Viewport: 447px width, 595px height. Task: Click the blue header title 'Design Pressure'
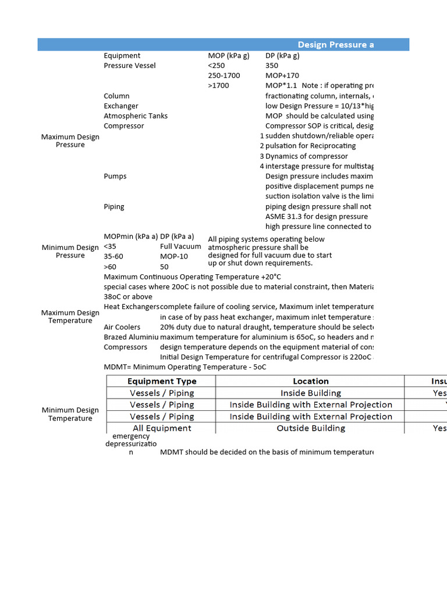pyautogui.click(x=336, y=45)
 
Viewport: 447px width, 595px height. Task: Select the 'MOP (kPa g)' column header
pyautogui.click(x=228, y=56)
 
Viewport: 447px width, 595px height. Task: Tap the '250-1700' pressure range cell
pyautogui.click(x=223, y=76)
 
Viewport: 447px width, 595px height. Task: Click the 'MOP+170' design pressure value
pyautogui.click(x=282, y=76)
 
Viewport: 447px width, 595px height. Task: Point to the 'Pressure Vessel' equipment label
pyautogui.click(x=130, y=66)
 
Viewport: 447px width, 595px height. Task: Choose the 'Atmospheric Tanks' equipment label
pyautogui.click(x=136, y=116)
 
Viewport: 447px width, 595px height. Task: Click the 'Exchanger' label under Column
pyautogui.click(x=121, y=106)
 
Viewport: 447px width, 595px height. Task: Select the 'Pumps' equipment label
pyautogui.click(x=115, y=176)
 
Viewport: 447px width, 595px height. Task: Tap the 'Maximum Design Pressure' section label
pyautogui.click(x=70, y=141)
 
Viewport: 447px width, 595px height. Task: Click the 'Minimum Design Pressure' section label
pyautogui.click(x=70, y=251)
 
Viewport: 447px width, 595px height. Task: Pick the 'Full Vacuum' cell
pyautogui.click(x=180, y=246)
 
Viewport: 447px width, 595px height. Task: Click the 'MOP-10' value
pyautogui.click(x=174, y=256)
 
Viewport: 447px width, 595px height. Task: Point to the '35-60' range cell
pyautogui.click(x=113, y=256)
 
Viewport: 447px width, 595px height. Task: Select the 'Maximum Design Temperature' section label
pyautogui.click(x=70, y=317)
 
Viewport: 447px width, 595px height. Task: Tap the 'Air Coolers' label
pyautogui.click(x=122, y=327)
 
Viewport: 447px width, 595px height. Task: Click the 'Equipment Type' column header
pyautogui.click(x=162, y=381)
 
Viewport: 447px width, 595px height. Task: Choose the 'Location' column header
pyautogui.click(x=310, y=381)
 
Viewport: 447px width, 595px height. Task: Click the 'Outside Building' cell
pyautogui.click(x=310, y=428)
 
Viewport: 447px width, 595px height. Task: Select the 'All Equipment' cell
pyautogui.click(x=162, y=428)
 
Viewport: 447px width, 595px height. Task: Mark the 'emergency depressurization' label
pyautogui.click(x=131, y=444)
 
